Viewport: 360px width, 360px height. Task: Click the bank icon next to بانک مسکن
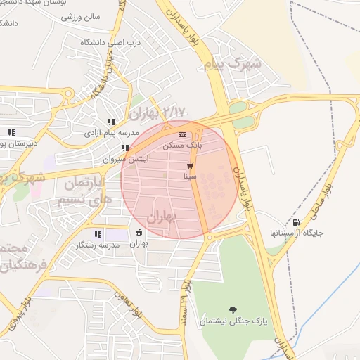point(183,135)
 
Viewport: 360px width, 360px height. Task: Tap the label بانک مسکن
point(182,145)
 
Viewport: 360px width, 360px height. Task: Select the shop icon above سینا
point(190,166)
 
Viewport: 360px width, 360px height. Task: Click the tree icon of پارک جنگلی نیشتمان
point(233,309)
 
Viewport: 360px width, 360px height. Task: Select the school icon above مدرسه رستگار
point(98,234)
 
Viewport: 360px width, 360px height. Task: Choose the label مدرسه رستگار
point(98,245)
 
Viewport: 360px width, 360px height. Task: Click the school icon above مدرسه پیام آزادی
point(112,122)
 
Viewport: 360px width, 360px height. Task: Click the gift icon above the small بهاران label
point(139,233)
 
